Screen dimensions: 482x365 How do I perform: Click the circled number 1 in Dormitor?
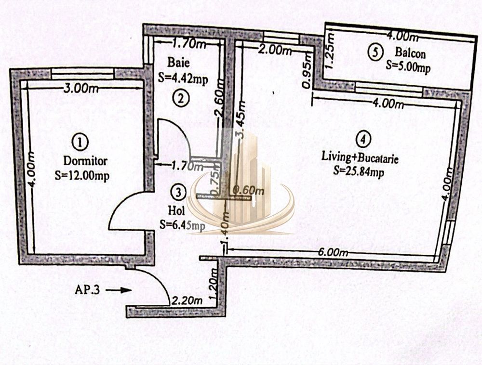[80, 143]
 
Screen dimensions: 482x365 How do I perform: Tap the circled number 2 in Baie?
[181, 99]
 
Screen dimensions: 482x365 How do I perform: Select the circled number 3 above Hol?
[179, 193]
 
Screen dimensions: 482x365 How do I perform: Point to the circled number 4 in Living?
[363, 139]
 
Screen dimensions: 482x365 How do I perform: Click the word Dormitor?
[85, 161]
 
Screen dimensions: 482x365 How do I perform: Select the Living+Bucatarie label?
[360, 158]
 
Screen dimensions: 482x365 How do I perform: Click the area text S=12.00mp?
[82, 176]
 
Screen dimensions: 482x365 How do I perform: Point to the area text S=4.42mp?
[183, 78]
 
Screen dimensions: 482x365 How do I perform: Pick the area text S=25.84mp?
[359, 171]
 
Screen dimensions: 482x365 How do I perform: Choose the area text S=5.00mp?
[408, 67]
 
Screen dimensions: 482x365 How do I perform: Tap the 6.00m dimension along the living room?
[333, 252]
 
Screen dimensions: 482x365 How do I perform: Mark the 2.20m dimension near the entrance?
[187, 300]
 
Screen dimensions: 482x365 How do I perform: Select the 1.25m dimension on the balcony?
[330, 51]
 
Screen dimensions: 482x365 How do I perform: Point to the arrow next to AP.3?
[119, 290]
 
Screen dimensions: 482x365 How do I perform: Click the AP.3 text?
[87, 290]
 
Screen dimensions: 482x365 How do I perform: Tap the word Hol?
[177, 211]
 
